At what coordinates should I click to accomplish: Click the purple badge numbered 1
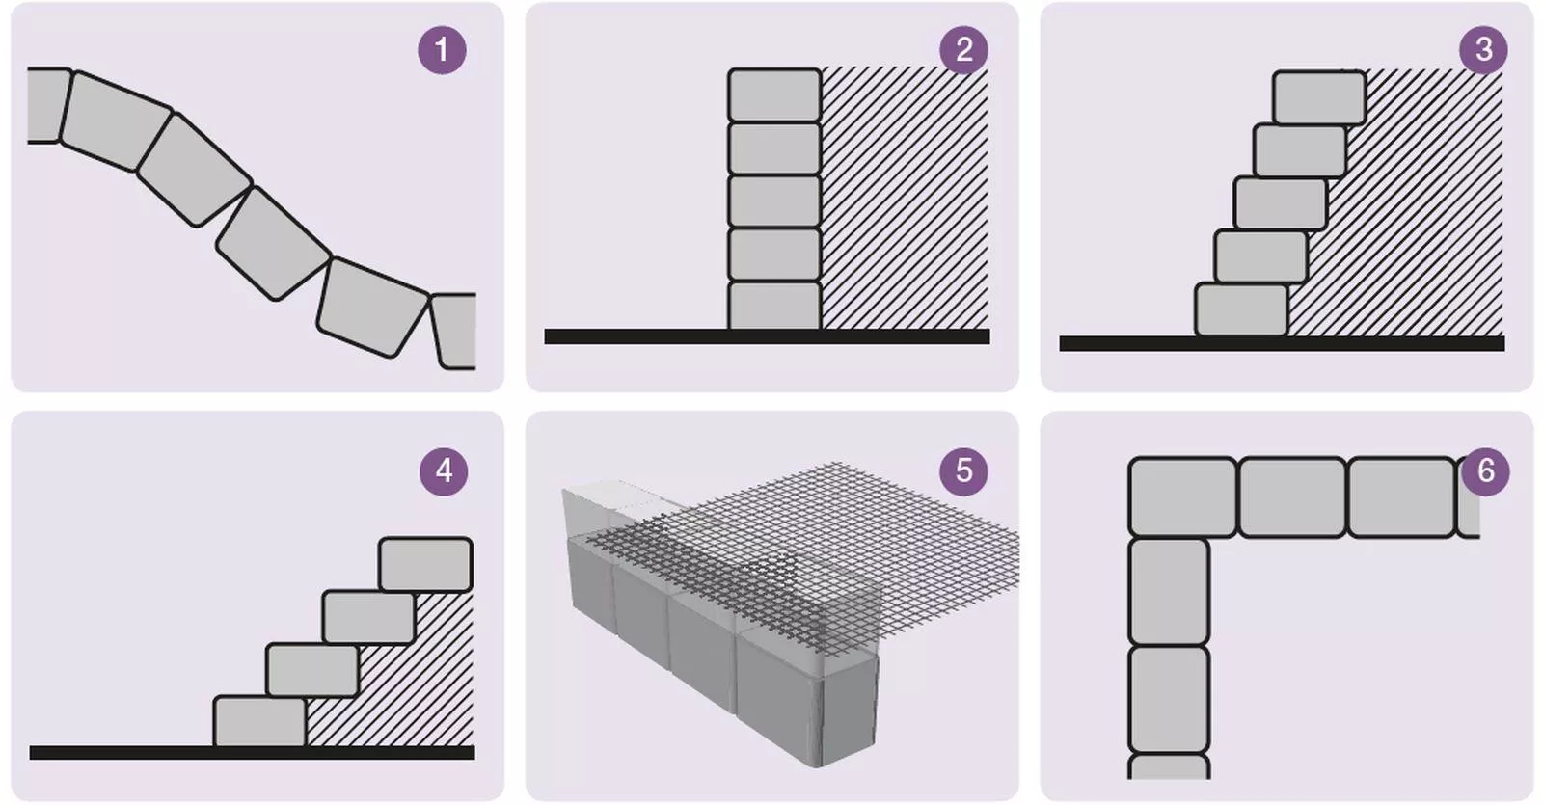coord(442,50)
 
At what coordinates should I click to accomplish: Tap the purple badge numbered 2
coord(963,50)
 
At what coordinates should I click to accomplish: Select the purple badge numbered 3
coord(1484,50)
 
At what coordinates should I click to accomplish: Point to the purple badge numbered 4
coord(444,471)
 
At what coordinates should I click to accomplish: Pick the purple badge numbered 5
coord(963,471)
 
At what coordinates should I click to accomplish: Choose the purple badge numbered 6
coord(1485,471)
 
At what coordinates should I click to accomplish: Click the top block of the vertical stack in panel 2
coord(774,95)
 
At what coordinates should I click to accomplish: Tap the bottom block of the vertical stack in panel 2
coord(774,305)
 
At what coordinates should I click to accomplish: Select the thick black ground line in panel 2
coord(767,336)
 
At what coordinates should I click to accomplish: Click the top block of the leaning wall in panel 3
coord(1319,97)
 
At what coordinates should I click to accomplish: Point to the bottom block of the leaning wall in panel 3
coord(1241,309)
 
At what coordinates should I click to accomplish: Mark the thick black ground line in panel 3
coord(1282,343)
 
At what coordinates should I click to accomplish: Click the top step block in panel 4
coord(425,565)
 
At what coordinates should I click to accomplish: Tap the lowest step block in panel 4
coord(259,721)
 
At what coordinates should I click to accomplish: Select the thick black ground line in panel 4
coord(252,753)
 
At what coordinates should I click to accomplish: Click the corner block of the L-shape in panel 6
coord(1182,497)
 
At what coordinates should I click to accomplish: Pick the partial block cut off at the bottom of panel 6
coord(1168,767)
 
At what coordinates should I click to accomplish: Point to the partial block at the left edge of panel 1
coord(48,105)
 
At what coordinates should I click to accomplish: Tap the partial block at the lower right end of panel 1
coord(454,331)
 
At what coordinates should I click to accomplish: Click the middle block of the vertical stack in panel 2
coord(774,201)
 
